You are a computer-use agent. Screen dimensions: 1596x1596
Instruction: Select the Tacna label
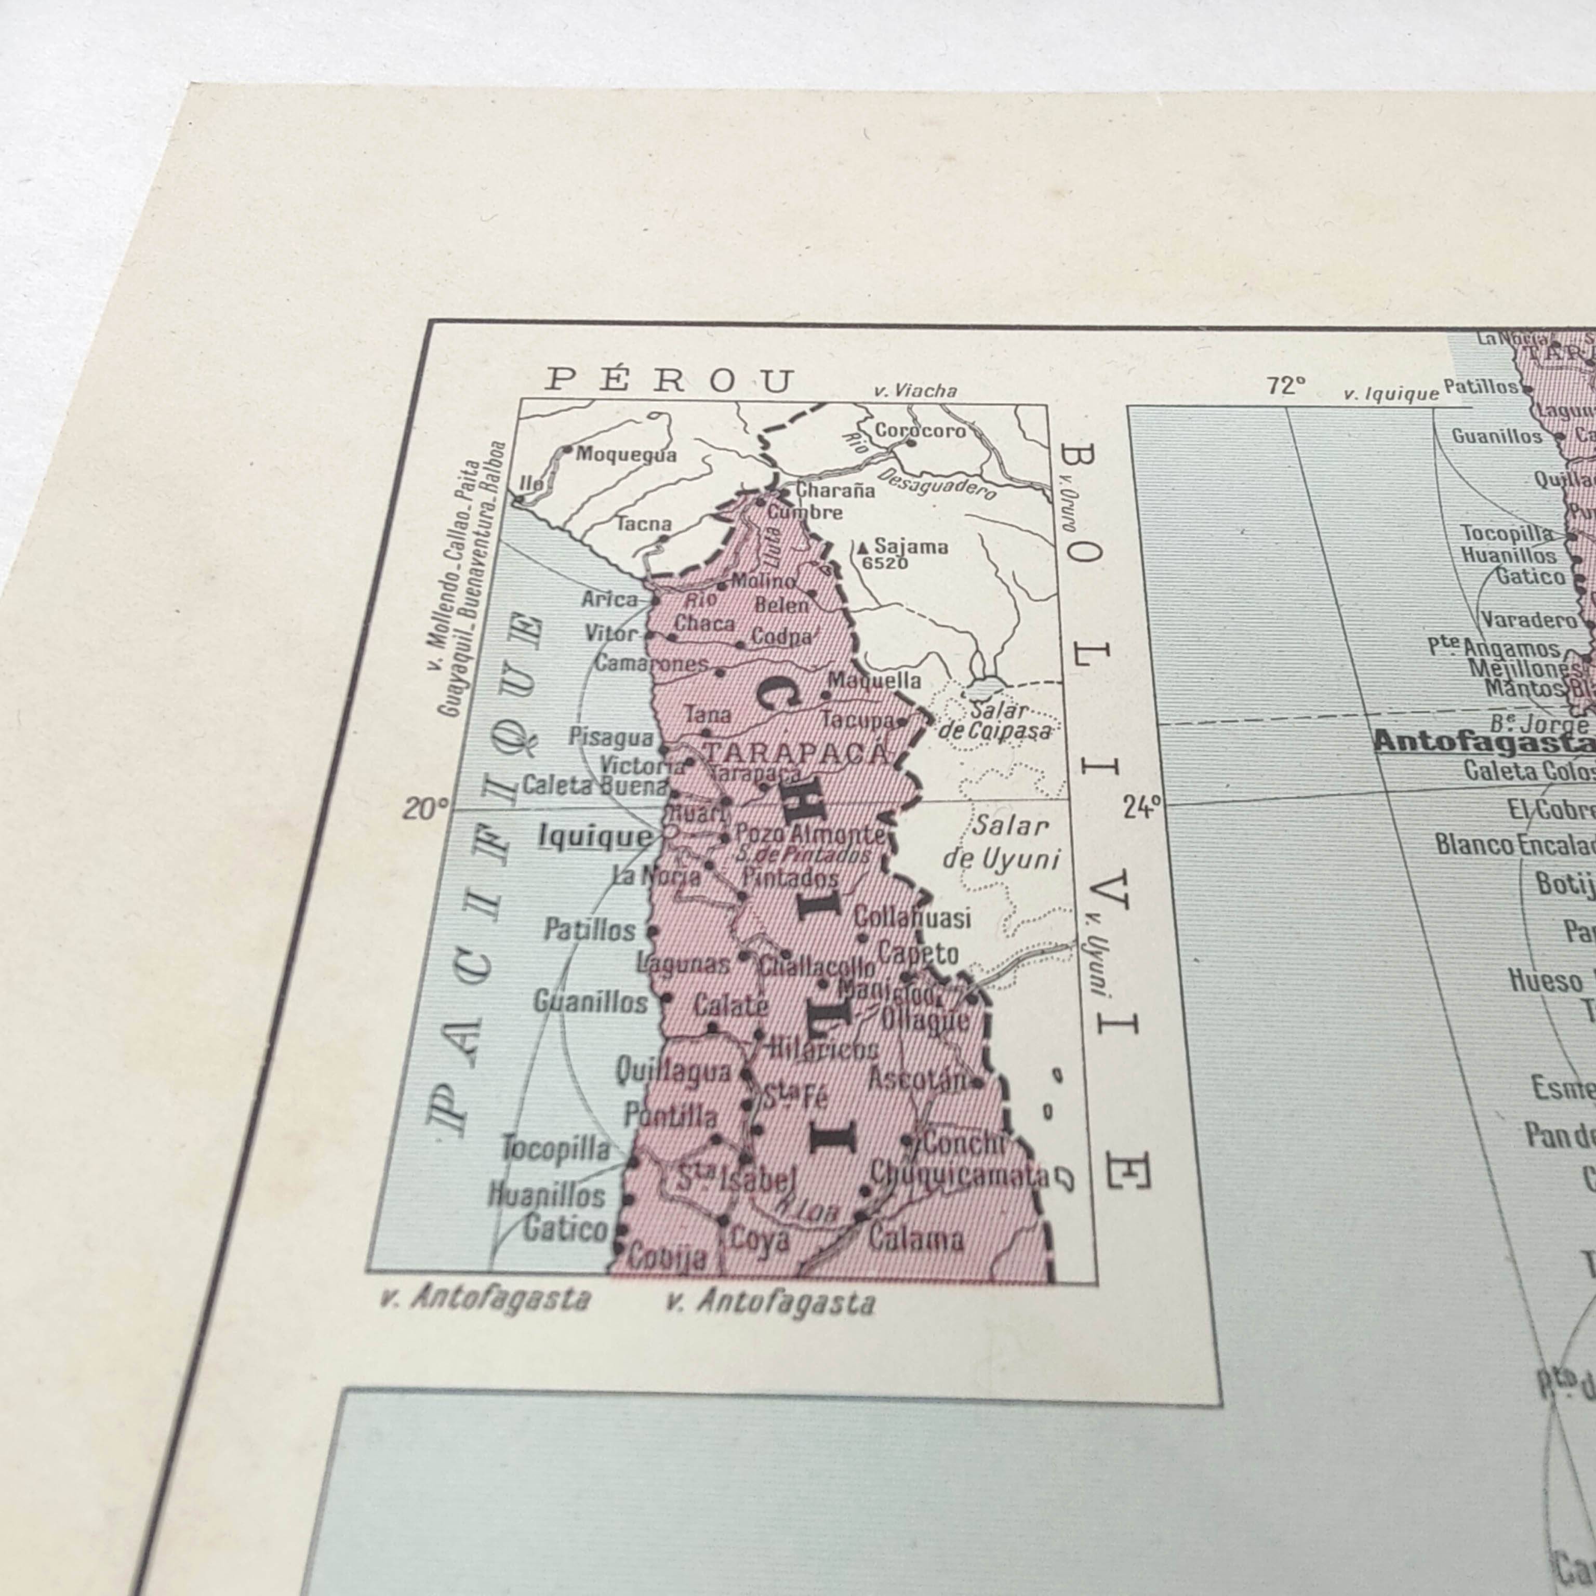pos(644,523)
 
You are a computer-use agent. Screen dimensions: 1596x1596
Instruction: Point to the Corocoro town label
pos(920,430)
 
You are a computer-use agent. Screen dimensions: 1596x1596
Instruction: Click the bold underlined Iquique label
pos(595,837)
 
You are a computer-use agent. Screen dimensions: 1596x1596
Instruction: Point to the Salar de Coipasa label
pos(998,721)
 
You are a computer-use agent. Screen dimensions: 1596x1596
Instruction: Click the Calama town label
pos(915,1239)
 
